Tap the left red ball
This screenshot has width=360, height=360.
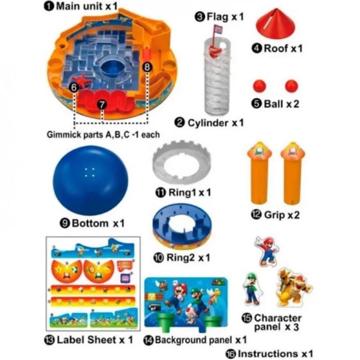point(260,86)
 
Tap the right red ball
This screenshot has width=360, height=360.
point(291,86)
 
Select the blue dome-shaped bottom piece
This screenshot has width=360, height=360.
point(91,180)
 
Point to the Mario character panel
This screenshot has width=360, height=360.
point(266,252)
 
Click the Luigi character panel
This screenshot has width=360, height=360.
point(252,289)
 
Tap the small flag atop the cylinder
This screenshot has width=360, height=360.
point(217,29)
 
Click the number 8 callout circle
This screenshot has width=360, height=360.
point(147,67)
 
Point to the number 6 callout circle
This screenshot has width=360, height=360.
point(74,87)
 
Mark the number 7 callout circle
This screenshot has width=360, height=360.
point(102,105)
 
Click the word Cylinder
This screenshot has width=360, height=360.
point(208,123)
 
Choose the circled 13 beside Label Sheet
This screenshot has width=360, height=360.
point(49,340)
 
